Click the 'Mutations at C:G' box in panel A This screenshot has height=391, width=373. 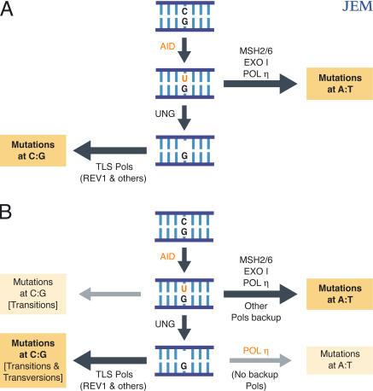pos(36,154)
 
